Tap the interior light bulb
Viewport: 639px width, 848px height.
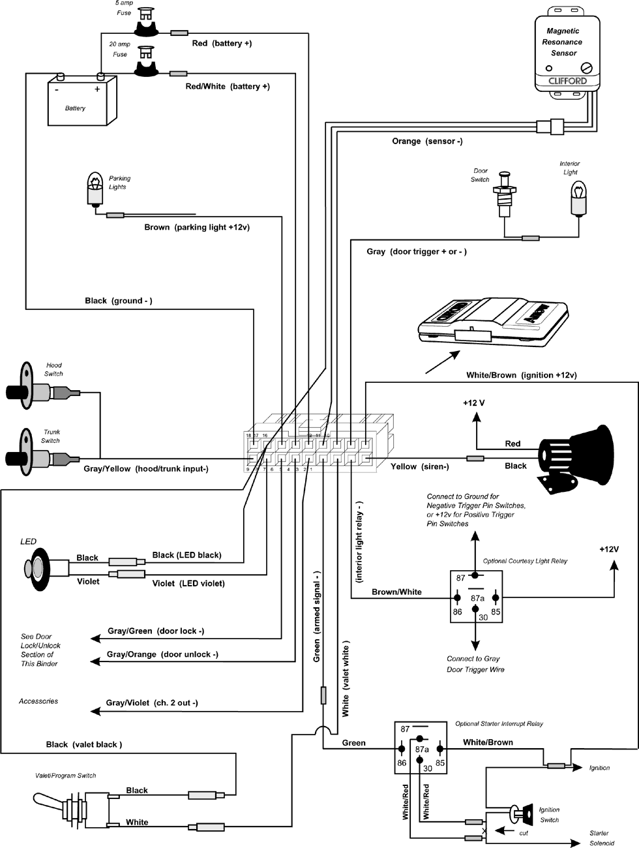click(576, 198)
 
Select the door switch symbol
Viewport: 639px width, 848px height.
click(503, 194)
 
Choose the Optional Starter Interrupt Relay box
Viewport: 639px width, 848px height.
click(421, 748)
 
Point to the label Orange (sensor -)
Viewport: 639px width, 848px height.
click(427, 141)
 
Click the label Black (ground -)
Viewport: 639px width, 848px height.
click(118, 301)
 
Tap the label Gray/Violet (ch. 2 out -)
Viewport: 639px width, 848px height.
click(152, 703)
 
